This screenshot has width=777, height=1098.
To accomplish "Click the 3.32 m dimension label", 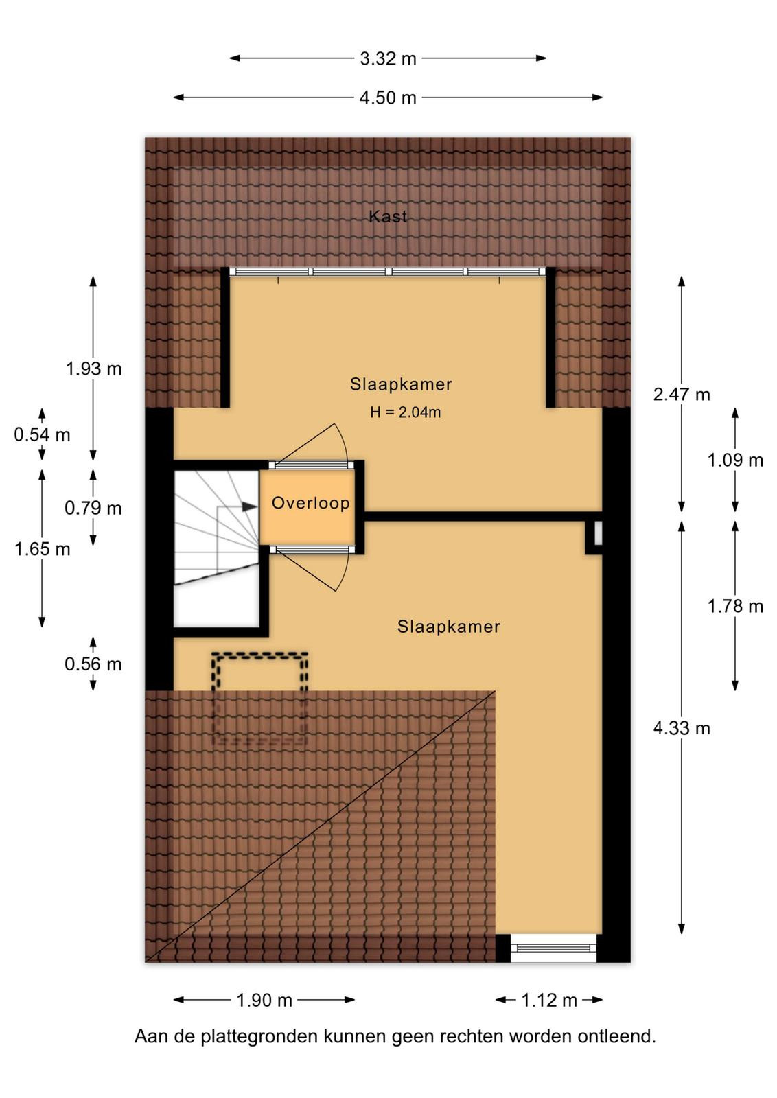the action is pyautogui.click(x=388, y=59).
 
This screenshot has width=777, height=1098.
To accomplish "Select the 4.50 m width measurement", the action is pyautogui.click(x=388, y=98).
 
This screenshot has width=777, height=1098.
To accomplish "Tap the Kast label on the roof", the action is pyautogui.click(x=388, y=216).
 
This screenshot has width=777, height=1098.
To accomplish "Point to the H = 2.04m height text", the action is pyautogui.click(x=406, y=412).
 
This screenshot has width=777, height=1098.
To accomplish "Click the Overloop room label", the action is pyautogui.click(x=311, y=503).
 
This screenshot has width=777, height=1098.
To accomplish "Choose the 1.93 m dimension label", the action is pyautogui.click(x=93, y=369).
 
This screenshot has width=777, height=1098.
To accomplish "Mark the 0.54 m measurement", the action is pyautogui.click(x=42, y=435).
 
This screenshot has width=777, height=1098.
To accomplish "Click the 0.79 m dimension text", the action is pyautogui.click(x=93, y=509).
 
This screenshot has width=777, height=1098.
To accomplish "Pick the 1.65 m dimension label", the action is pyautogui.click(x=42, y=549).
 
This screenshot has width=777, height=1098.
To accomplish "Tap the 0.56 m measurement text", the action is pyautogui.click(x=93, y=664).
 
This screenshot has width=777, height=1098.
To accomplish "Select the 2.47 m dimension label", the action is pyautogui.click(x=682, y=394).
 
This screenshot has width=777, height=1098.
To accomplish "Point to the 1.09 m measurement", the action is pyautogui.click(x=735, y=460).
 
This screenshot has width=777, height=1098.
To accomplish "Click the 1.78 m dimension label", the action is pyautogui.click(x=735, y=607).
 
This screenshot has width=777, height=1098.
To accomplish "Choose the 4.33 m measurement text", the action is pyautogui.click(x=682, y=728).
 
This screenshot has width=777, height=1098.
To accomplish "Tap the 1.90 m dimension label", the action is pyautogui.click(x=264, y=1000).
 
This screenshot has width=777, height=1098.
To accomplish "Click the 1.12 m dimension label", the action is pyautogui.click(x=549, y=1000).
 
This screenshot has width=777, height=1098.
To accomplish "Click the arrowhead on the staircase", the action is pyautogui.click(x=250, y=507).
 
